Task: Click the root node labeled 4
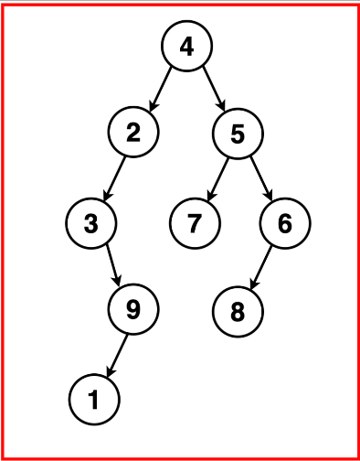(186, 46)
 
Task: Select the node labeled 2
(133, 134)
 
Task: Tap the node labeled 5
(238, 134)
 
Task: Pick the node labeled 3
(92, 222)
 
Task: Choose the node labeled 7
(196, 222)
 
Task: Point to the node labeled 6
(284, 222)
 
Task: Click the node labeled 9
(133, 310)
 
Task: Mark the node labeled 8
(238, 310)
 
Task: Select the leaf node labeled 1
(92, 398)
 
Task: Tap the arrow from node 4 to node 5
(212, 89)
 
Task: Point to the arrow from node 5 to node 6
(260, 177)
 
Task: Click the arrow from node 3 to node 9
(112, 266)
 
